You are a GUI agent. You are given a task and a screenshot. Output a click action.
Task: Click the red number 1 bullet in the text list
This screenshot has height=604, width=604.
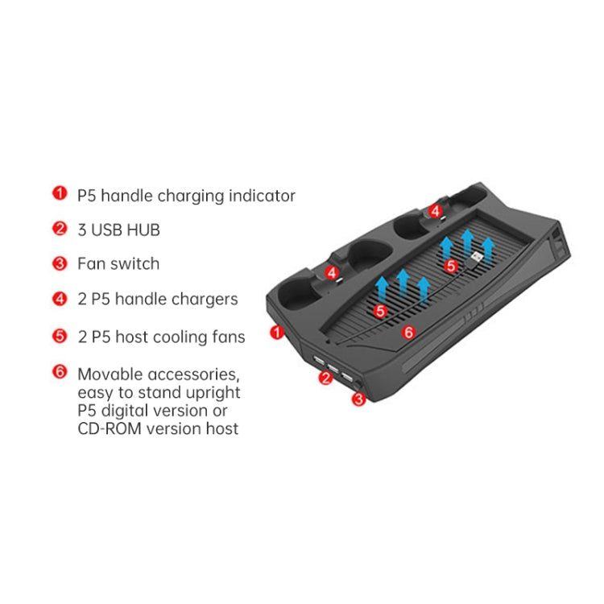pyautogui.click(x=60, y=194)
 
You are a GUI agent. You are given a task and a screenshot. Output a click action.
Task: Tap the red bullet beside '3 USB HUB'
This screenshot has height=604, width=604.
pyautogui.click(x=60, y=229)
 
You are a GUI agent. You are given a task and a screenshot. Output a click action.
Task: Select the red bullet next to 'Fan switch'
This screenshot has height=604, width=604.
pyautogui.click(x=60, y=263)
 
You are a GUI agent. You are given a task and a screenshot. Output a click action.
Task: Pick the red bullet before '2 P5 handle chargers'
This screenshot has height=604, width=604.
pyautogui.click(x=60, y=299)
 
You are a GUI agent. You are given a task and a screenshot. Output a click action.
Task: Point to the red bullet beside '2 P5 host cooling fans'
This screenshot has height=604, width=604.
pyautogui.click(x=60, y=335)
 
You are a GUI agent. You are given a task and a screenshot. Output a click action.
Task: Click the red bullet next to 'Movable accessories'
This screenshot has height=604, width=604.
pyautogui.click(x=60, y=373)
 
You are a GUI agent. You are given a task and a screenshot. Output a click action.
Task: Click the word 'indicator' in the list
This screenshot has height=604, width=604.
pyautogui.click(x=260, y=196)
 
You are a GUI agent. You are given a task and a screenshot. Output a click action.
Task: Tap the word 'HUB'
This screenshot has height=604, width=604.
pyautogui.click(x=143, y=230)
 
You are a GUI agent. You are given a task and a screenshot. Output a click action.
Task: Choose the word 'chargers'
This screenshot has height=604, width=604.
pyautogui.click(x=204, y=300)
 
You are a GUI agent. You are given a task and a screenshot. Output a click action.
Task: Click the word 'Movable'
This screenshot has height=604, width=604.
pyautogui.click(x=110, y=374)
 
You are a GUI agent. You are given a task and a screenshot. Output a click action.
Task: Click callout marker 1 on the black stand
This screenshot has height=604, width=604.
pyautogui.click(x=278, y=331)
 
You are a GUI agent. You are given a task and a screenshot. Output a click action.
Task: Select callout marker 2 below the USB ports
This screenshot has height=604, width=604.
pyautogui.click(x=326, y=377)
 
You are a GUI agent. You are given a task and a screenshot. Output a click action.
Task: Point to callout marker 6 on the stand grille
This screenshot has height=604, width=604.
pyautogui.click(x=407, y=331)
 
